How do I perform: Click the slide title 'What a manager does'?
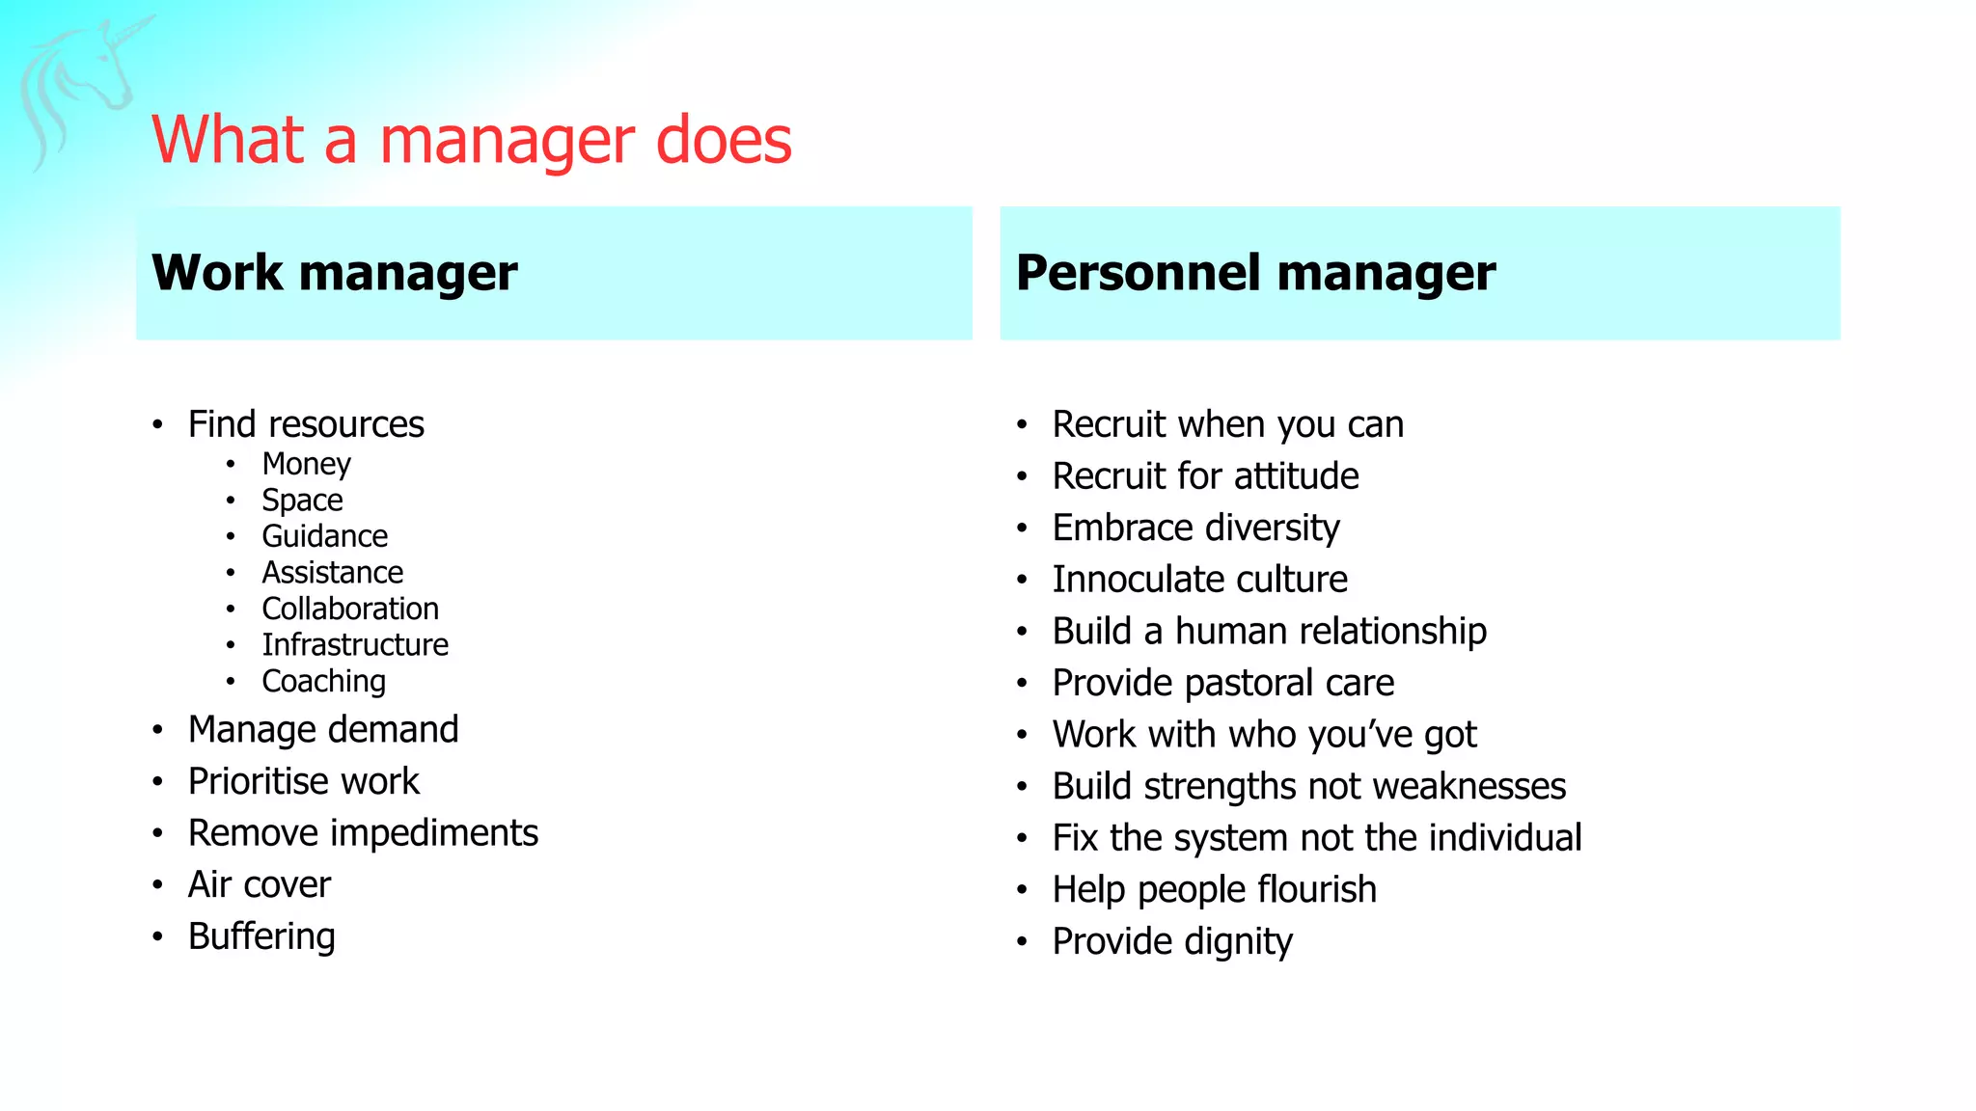[x=471, y=140]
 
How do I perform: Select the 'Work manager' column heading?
[x=334, y=273]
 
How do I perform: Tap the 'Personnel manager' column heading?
[x=1255, y=273]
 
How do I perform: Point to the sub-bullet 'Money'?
[x=306, y=464]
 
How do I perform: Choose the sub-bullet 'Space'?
[x=302, y=501]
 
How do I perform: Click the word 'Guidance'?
[x=324, y=536]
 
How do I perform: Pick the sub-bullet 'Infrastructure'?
[x=355, y=644]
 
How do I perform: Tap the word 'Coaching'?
[x=323, y=681]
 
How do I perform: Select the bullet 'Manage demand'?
[x=323, y=730]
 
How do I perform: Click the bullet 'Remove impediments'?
[x=363, y=833]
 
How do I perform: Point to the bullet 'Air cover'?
[x=260, y=884]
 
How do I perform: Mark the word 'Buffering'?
[x=261, y=936]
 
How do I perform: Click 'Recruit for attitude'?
[x=1205, y=476]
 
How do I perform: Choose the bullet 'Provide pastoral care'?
[x=1222, y=683]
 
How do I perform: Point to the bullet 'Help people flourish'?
[x=1214, y=889]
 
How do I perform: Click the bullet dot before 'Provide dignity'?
[x=1022, y=942]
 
